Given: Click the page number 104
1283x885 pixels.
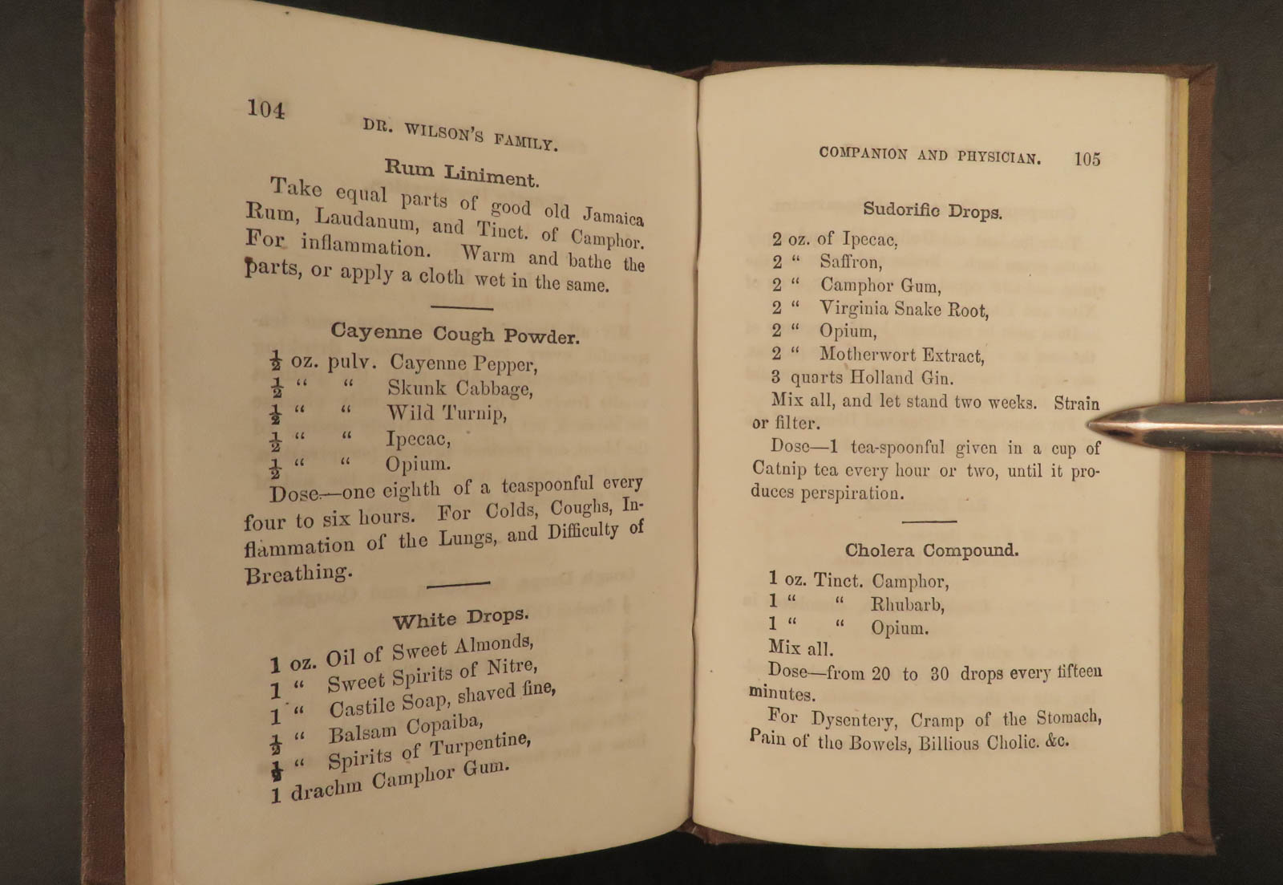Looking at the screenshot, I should point(265,108).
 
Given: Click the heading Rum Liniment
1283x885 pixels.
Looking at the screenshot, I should point(460,173).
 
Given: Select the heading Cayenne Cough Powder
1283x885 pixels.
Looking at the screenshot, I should point(455,334).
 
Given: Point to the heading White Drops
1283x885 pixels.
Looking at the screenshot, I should point(460,618).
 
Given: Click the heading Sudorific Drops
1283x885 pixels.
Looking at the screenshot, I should point(932,211).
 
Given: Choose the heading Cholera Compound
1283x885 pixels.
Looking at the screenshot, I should point(931,550).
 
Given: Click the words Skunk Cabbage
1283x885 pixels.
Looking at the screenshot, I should point(459,388).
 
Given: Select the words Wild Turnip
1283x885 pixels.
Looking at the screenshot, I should point(446,413).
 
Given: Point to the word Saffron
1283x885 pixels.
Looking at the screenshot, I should point(850,262).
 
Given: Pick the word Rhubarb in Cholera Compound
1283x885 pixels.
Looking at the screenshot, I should point(907,604).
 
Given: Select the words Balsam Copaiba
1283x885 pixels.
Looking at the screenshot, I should point(406,729).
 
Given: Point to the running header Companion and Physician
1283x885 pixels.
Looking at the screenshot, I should point(929,155).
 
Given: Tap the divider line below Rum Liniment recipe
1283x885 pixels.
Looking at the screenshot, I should point(461,307).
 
